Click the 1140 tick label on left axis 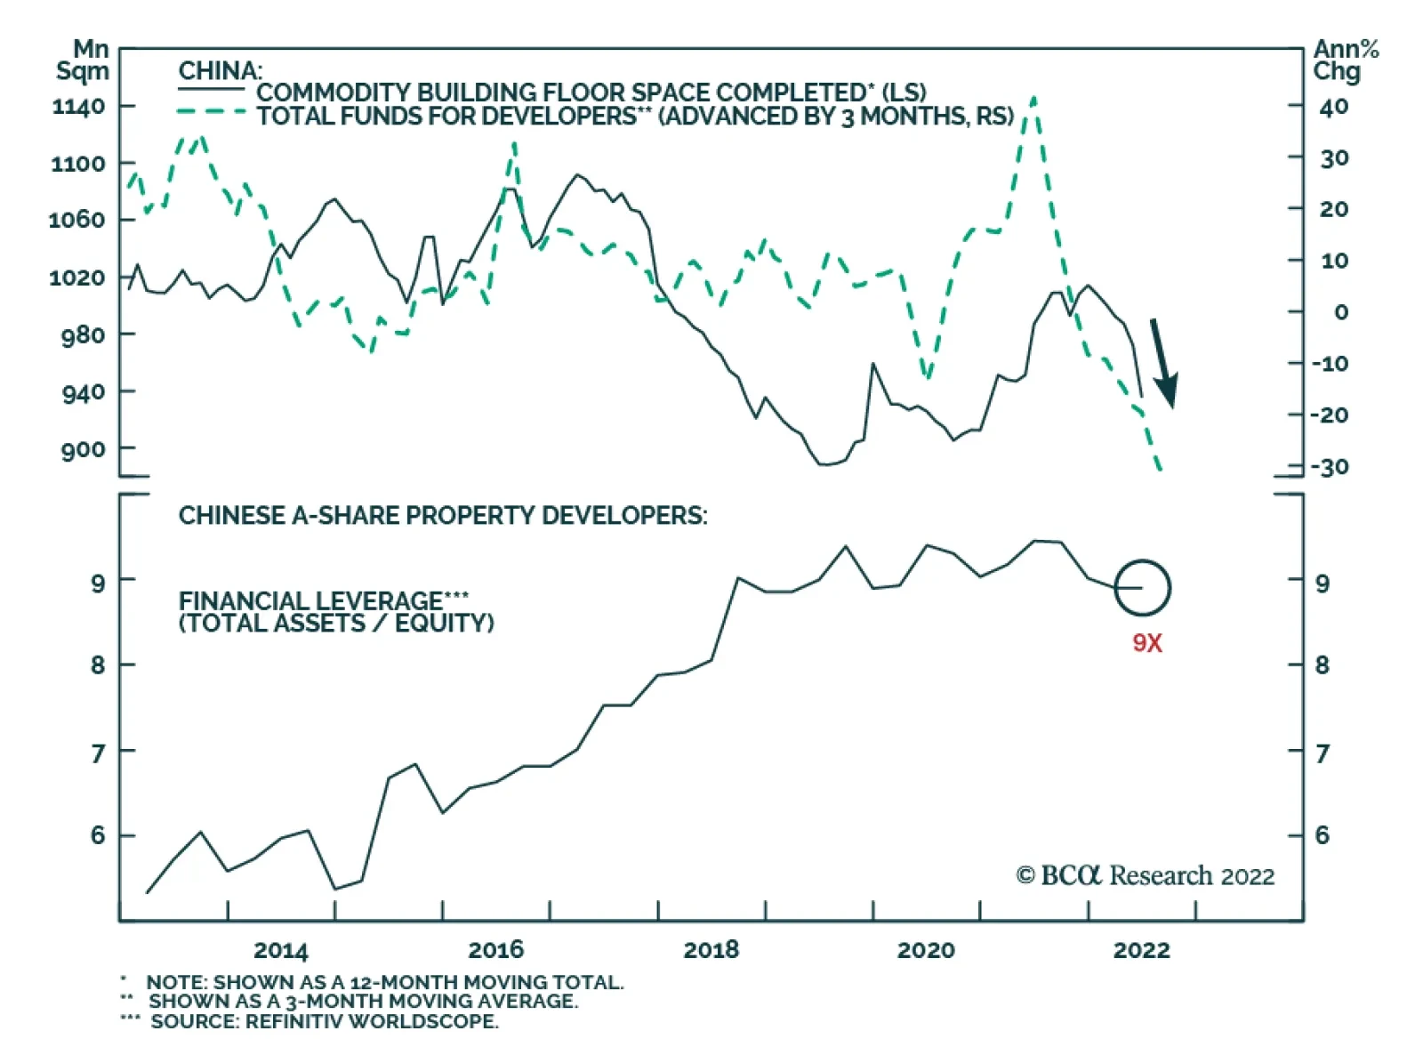[79, 107]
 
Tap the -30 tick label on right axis [1331, 467]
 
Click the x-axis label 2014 [281, 950]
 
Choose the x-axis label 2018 [711, 950]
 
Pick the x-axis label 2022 [1141, 950]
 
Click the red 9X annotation [1147, 643]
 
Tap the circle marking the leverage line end [1143, 588]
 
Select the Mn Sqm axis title [83, 60]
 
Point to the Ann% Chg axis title [1345, 60]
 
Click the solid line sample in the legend [212, 89]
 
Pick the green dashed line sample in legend [212, 112]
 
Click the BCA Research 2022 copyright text [1146, 876]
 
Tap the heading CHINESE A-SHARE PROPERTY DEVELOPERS [443, 516]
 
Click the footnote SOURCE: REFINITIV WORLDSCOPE [324, 1021]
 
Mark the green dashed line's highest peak [1033, 98]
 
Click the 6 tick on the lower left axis [97, 835]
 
